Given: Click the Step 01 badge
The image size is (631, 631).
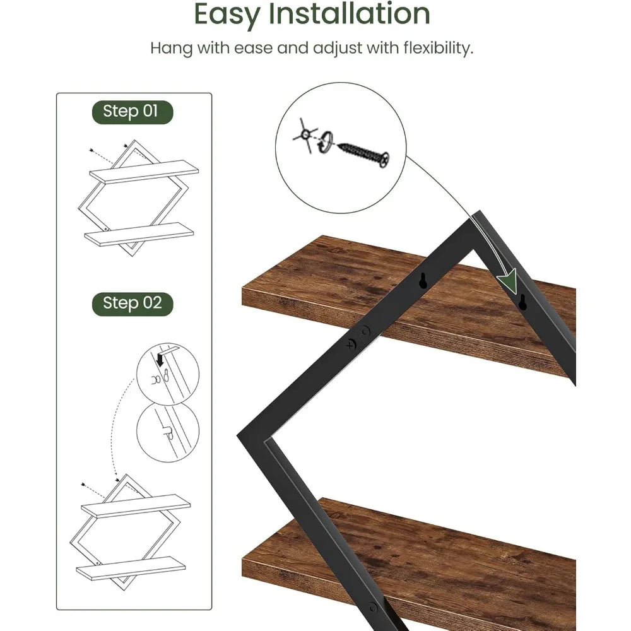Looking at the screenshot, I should (130, 112).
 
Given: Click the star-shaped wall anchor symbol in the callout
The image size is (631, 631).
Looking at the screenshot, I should (305, 134).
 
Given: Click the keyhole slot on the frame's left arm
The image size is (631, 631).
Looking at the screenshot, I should (423, 282).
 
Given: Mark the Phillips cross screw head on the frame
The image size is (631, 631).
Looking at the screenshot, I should (351, 345).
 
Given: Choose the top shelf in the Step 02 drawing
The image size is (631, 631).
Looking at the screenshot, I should (136, 505).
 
